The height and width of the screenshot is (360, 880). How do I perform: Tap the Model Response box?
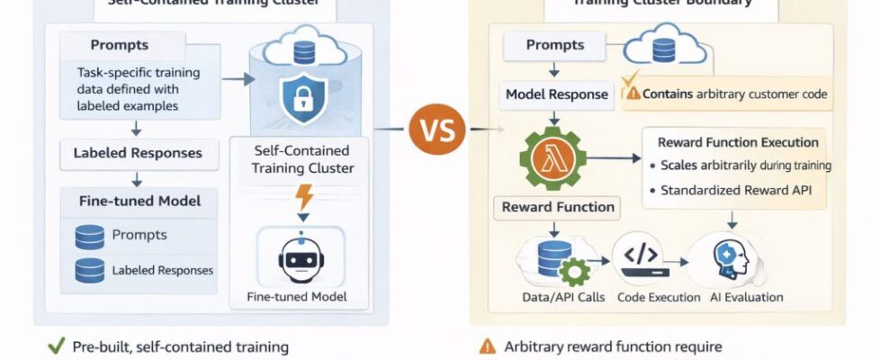557,94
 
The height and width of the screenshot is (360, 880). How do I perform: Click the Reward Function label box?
558,207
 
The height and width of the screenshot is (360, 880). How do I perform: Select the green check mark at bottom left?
53,346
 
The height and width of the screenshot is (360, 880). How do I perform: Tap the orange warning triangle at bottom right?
489,346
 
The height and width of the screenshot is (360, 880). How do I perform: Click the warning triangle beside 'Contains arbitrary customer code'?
634,94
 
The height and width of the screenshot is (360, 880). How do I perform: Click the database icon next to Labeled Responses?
90,269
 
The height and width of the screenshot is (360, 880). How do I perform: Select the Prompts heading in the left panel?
120,45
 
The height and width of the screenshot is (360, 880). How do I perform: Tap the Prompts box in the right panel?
555,44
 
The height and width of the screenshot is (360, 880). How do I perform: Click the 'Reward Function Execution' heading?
738,142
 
